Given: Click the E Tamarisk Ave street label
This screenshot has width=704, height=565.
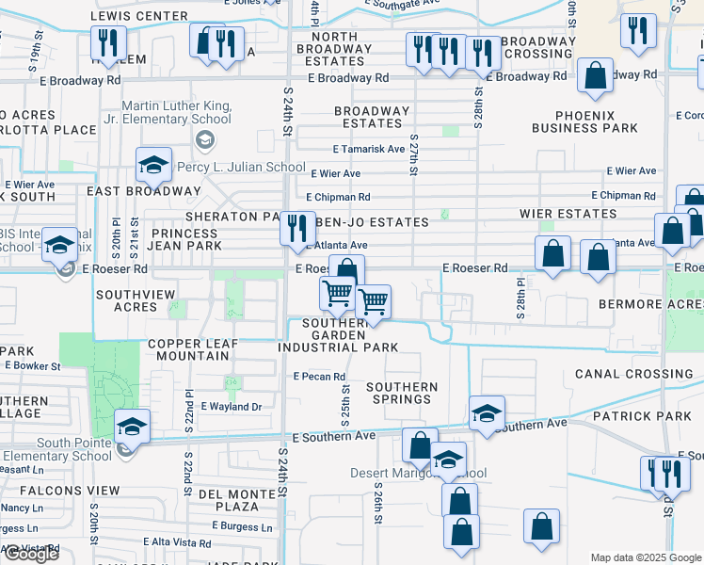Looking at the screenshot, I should (x=369, y=149).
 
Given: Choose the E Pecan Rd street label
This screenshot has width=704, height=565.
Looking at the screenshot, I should (x=319, y=376).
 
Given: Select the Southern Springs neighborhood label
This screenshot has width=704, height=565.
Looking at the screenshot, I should (x=402, y=393).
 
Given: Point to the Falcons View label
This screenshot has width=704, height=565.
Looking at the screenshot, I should (x=60, y=491).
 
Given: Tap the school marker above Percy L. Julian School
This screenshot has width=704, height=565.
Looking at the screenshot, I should (x=153, y=166).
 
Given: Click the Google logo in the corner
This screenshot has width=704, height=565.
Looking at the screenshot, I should (x=30, y=554).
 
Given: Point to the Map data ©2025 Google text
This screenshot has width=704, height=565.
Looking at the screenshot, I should (x=645, y=557).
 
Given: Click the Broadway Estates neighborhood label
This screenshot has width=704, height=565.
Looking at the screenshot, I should (x=372, y=117).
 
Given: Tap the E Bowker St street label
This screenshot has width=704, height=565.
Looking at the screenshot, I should (x=33, y=365).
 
